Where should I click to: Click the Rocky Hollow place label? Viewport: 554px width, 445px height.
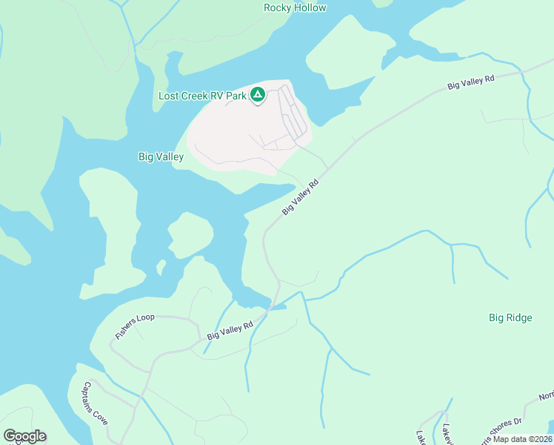(x=295, y=8)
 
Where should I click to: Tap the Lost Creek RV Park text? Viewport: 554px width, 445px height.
(x=202, y=96)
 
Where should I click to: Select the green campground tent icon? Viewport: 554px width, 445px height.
(x=258, y=95)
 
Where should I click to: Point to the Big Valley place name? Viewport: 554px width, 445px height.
(x=161, y=157)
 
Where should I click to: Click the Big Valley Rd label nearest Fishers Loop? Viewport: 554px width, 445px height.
(x=230, y=331)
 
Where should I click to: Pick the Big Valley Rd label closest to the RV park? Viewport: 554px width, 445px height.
(x=300, y=197)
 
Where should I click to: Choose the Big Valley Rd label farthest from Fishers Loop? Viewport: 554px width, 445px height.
(x=470, y=82)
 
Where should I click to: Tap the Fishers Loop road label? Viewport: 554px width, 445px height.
(x=135, y=326)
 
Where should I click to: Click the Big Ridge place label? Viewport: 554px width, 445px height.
(x=510, y=318)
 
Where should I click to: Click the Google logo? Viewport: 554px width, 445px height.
(x=25, y=436)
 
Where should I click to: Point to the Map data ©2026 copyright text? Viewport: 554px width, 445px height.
(x=523, y=439)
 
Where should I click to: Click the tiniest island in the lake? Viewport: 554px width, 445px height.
(x=161, y=266)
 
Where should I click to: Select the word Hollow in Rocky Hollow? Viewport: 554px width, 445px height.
(x=310, y=8)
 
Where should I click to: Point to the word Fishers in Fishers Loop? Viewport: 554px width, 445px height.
(x=127, y=332)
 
